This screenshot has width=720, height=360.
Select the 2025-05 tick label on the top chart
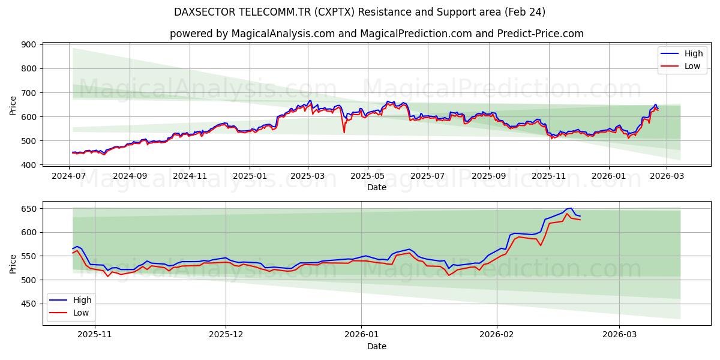click(x=368, y=176)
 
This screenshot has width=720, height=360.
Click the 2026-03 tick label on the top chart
click(x=667, y=176)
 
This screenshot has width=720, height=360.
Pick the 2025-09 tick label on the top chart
click(x=488, y=176)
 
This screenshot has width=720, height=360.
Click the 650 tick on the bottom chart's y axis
click(x=30, y=209)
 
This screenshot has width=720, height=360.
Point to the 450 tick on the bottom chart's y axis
click(x=30, y=304)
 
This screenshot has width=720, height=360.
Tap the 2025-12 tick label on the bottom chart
click(x=227, y=335)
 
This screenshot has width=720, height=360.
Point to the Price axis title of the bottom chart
click(x=13, y=263)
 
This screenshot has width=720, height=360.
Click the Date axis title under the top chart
click(x=376, y=187)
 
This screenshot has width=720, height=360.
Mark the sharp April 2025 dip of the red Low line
click(x=344, y=132)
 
